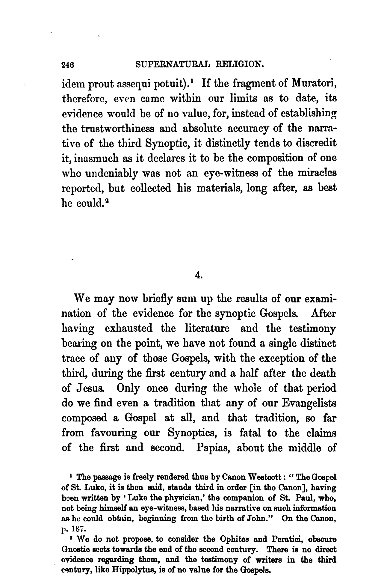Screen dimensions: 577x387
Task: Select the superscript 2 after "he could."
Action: click(x=106, y=201)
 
